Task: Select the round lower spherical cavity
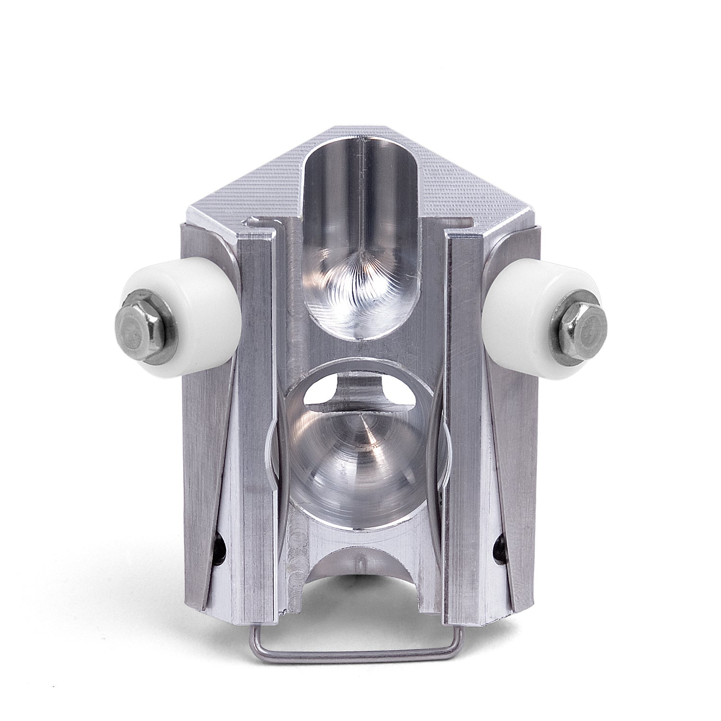click(358, 447)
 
